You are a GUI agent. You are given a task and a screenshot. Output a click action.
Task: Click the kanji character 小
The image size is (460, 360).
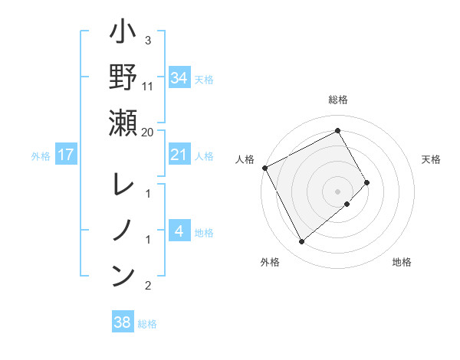point(123,34)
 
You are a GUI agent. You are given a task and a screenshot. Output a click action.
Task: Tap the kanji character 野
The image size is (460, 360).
point(123,78)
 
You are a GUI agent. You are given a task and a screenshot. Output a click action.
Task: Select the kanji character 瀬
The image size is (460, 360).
point(123,123)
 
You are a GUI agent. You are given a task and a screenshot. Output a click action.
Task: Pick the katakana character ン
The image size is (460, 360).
point(123,274)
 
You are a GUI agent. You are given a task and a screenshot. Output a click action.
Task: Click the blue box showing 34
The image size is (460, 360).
point(179,77)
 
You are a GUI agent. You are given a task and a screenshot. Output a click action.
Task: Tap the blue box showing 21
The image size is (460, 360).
point(179,155)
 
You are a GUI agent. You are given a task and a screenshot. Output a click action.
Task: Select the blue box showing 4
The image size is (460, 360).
point(179,231)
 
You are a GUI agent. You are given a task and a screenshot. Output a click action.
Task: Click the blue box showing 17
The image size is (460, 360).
point(66,155)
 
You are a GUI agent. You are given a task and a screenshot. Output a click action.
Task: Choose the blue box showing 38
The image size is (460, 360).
point(123,322)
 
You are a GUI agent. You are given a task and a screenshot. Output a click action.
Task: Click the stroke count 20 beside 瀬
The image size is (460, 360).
point(148,132)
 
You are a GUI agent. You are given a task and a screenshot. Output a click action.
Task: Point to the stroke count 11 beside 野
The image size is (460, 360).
point(148,86)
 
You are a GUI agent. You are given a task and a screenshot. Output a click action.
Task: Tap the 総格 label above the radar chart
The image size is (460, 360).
point(338,100)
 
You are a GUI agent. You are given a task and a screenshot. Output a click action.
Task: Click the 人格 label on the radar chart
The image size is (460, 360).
point(245,159)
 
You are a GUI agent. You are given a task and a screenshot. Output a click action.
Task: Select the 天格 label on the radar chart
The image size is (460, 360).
point(432,159)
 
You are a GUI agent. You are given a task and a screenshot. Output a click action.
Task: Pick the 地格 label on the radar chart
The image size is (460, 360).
point(402,262)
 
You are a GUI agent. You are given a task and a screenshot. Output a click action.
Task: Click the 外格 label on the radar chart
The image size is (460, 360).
point(270,262)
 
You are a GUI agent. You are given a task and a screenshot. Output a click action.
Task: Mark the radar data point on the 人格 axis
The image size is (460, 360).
point(265,168)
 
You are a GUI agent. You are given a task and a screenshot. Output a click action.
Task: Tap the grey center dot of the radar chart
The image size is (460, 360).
point(338,191)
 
